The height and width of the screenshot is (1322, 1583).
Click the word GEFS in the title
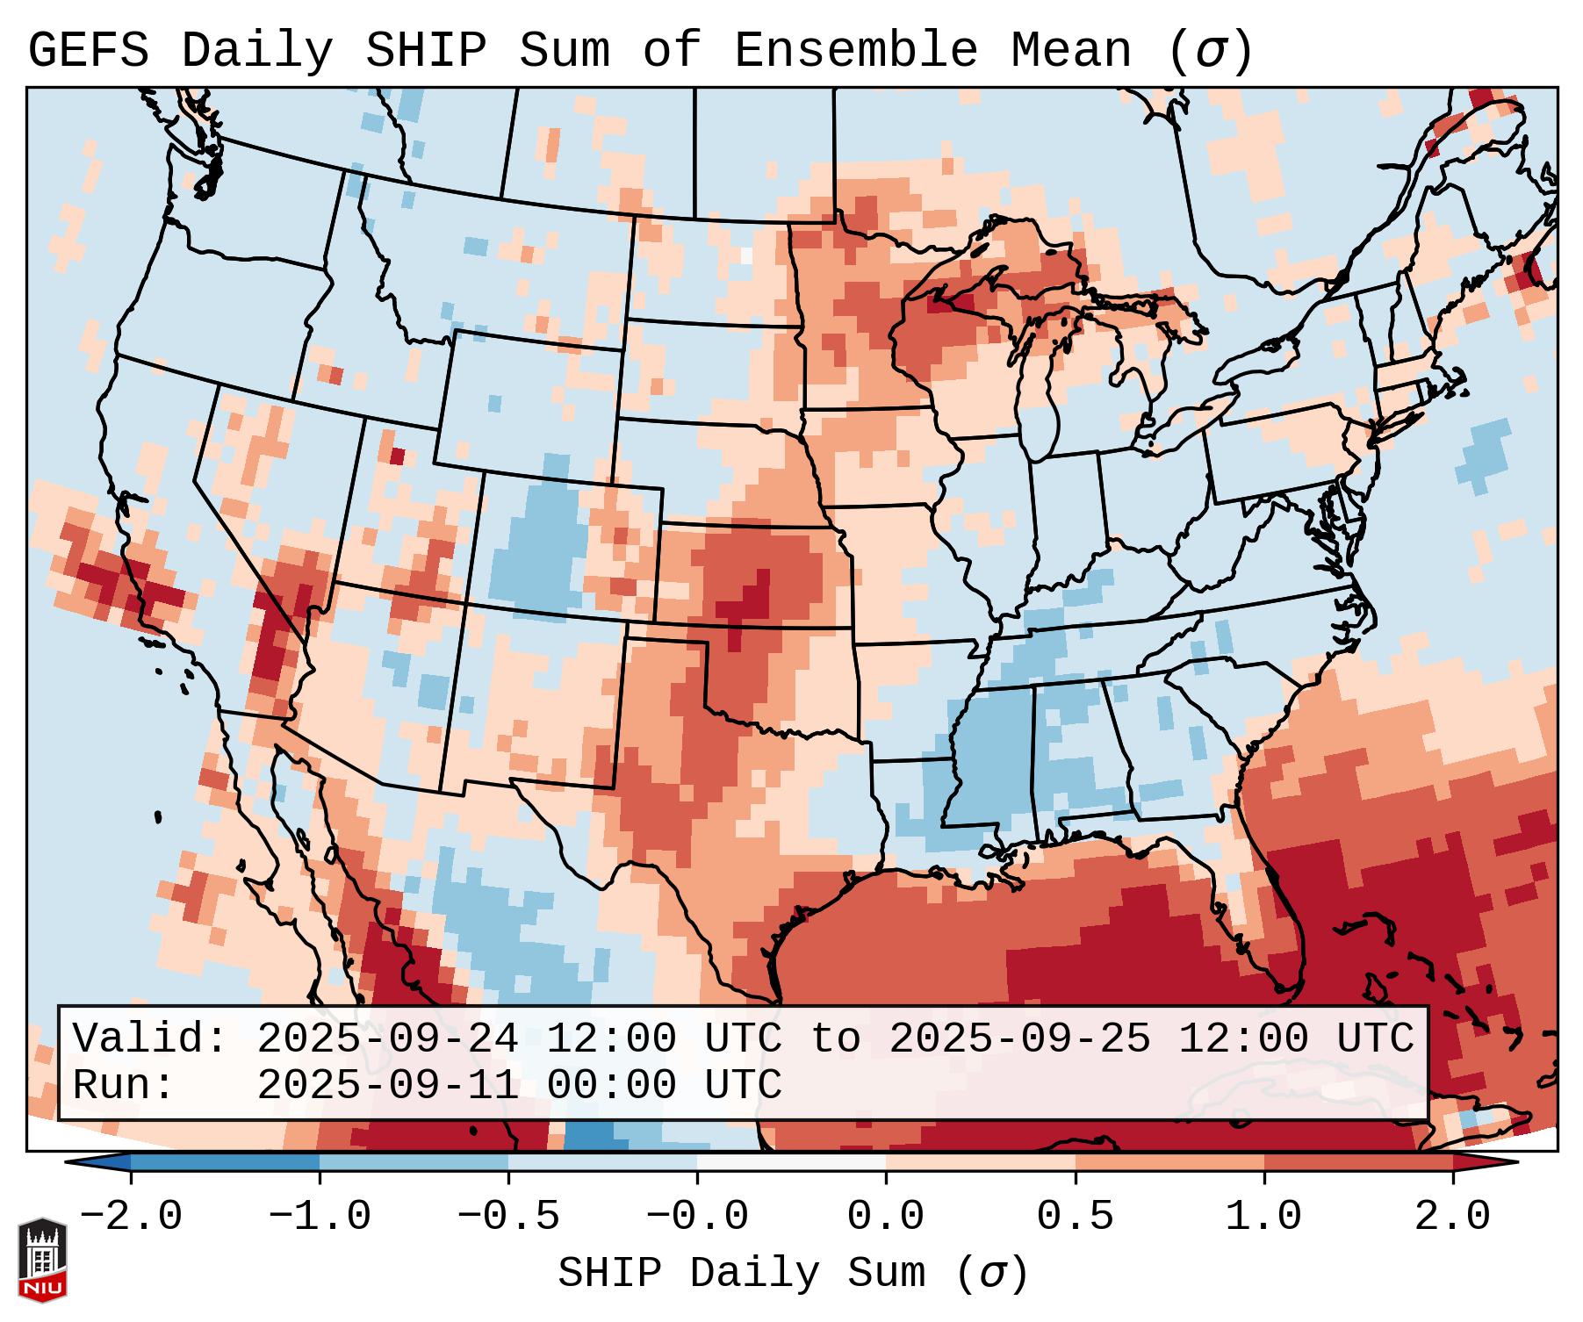(x=88, y=51)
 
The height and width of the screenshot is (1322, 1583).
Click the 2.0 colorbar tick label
(x=1452, y=1217)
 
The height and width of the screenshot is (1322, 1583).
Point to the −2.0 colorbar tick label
(x=130, y=1217)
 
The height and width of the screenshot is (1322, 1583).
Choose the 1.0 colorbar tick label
(x=1263, y=1217)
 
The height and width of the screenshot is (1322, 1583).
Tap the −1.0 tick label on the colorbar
(x=319, y=1217)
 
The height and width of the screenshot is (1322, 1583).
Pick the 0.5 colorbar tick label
(x=1075, y=1217)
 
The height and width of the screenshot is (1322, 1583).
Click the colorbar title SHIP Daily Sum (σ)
(x=792, y=1273)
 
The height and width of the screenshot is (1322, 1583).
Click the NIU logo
(x=42, y=1260)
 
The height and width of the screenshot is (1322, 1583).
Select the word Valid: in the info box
(x=150, y=1038)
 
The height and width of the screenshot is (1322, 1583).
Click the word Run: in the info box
(x=124, y=1085)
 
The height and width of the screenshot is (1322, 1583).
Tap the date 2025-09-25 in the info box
(x=1019, y=1038)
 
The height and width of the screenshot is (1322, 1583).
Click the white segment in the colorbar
(x=791, y=1162)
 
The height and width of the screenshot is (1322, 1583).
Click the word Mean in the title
(x=1071, y=51)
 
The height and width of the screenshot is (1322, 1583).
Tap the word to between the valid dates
(x=835, y=1038)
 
